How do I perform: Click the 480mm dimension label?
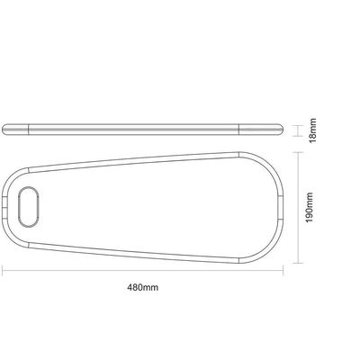(143, 287)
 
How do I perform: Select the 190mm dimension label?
(309, 208)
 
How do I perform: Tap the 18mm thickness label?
(312, 130)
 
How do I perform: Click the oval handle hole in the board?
(29, 206)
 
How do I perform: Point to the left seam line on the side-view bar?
(29, 129)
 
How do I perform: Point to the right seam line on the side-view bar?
(238, 129)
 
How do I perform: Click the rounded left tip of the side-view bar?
(4, 129)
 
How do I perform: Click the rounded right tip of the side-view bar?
(282, 129)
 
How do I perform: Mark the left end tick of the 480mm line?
(3, 271)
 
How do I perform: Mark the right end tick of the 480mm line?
(283, 271)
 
